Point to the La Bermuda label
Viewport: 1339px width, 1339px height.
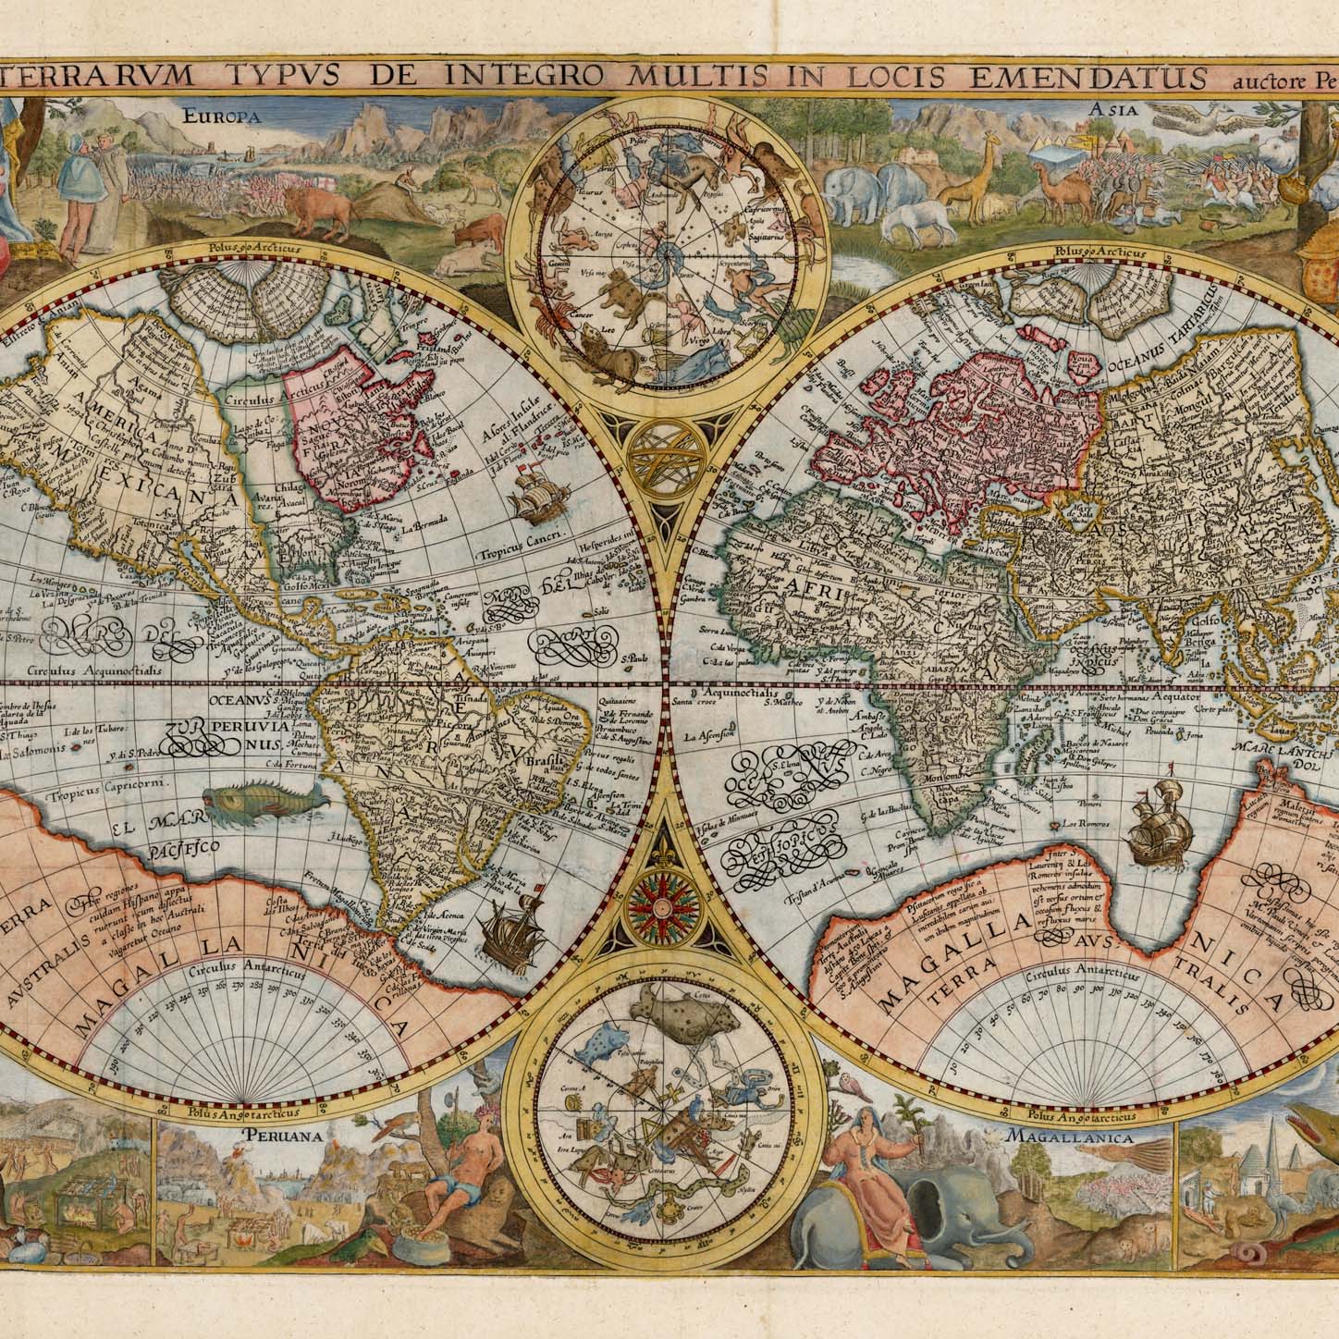coord(431,530)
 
